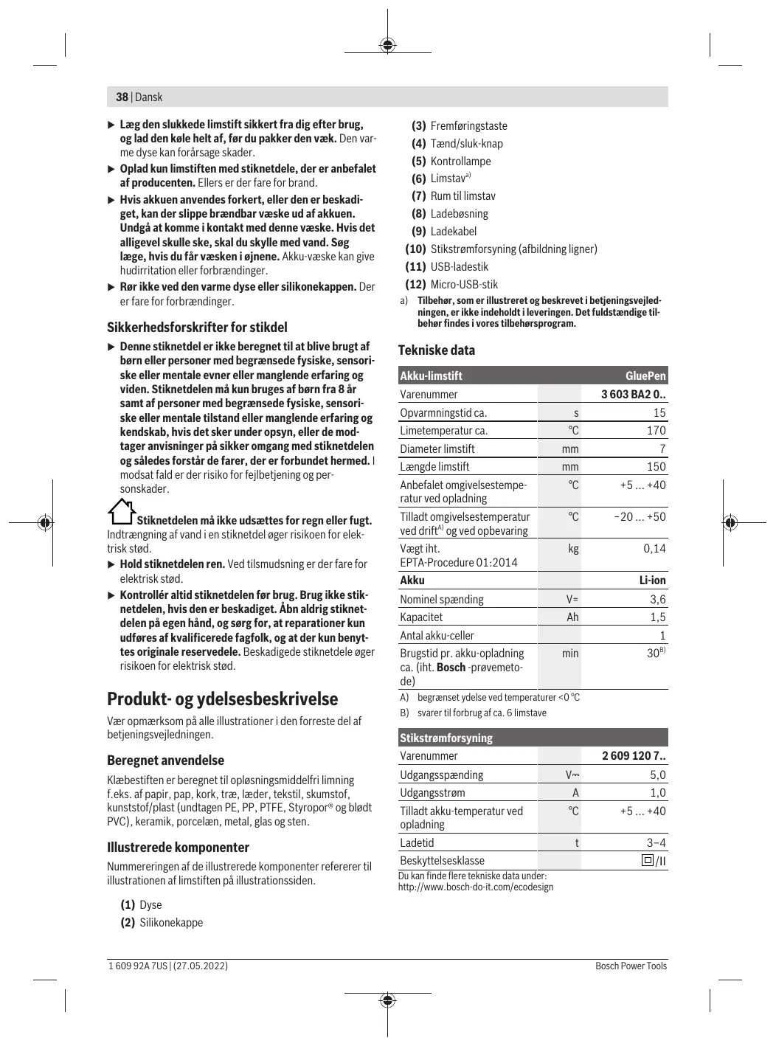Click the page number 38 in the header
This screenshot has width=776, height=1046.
coord(122,97)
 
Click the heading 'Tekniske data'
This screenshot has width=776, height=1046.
coord(437,350)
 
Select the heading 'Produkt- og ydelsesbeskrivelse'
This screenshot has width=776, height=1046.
coord(223,699)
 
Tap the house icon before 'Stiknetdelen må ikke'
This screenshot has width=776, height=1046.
coord(122,511)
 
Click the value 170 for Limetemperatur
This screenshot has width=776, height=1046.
coord(656,431)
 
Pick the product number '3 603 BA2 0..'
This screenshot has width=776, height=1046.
coord(633,395)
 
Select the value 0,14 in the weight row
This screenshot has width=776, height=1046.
coord(654,549)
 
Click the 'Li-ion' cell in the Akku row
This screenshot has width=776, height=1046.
coord(652,581)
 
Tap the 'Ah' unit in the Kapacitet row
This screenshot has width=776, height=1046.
coord(572,617)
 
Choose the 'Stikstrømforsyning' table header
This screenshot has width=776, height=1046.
coord(446,738)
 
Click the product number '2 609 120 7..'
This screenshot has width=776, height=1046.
coord(634,756)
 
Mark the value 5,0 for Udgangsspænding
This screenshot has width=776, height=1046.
coord(657,775)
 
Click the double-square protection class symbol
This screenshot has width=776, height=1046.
coord(648,860)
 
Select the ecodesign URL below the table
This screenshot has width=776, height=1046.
coord(476,887)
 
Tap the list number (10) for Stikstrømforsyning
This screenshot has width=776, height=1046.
coord(416,249)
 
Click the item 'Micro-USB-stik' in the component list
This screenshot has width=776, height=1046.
coord(464,285)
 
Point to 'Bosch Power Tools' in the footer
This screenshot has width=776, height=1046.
coord(631,966)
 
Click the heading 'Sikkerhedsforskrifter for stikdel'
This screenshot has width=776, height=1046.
coord(197,328)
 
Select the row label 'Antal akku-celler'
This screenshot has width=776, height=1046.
coord(437,636)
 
